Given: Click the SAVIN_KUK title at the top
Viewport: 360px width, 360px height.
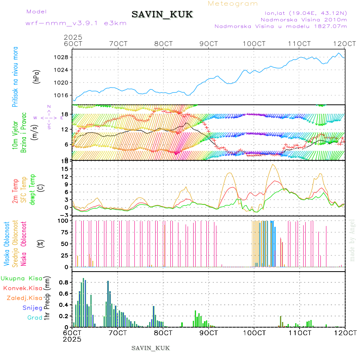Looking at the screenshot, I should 162,15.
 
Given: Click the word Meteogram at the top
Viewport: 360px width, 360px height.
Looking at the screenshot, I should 233,4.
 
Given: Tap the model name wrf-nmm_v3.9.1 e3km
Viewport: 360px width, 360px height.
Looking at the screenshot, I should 76,23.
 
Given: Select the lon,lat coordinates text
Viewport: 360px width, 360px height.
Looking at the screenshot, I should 304,13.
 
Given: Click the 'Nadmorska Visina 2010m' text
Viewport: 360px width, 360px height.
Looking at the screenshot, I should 304,19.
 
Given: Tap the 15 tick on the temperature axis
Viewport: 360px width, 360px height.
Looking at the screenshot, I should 65,169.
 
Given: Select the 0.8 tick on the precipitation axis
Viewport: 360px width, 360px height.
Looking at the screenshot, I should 62,282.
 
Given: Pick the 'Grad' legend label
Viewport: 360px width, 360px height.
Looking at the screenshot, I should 34,318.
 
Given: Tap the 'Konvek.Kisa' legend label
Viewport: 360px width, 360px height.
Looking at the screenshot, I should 22,288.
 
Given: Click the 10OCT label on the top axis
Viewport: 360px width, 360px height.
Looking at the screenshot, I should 254,44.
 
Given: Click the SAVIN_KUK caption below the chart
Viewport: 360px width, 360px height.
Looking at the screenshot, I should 150,348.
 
